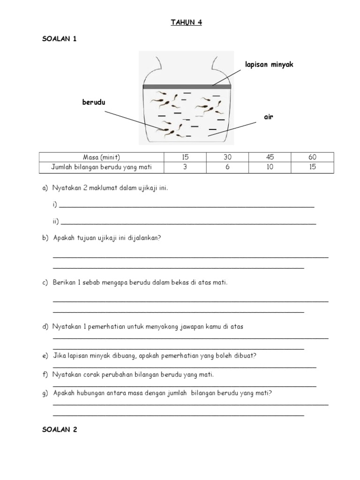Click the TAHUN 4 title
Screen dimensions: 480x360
[x=186, y=22]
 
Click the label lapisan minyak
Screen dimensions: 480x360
[x=269, y=64]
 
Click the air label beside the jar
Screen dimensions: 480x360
[x=268, y=117]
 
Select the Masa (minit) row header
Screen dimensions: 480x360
[x=101, y=157]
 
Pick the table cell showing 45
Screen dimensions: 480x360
[x=270, y=157]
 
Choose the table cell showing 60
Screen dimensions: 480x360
[x=312, y=157]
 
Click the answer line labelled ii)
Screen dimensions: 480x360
[x=187, y=223]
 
